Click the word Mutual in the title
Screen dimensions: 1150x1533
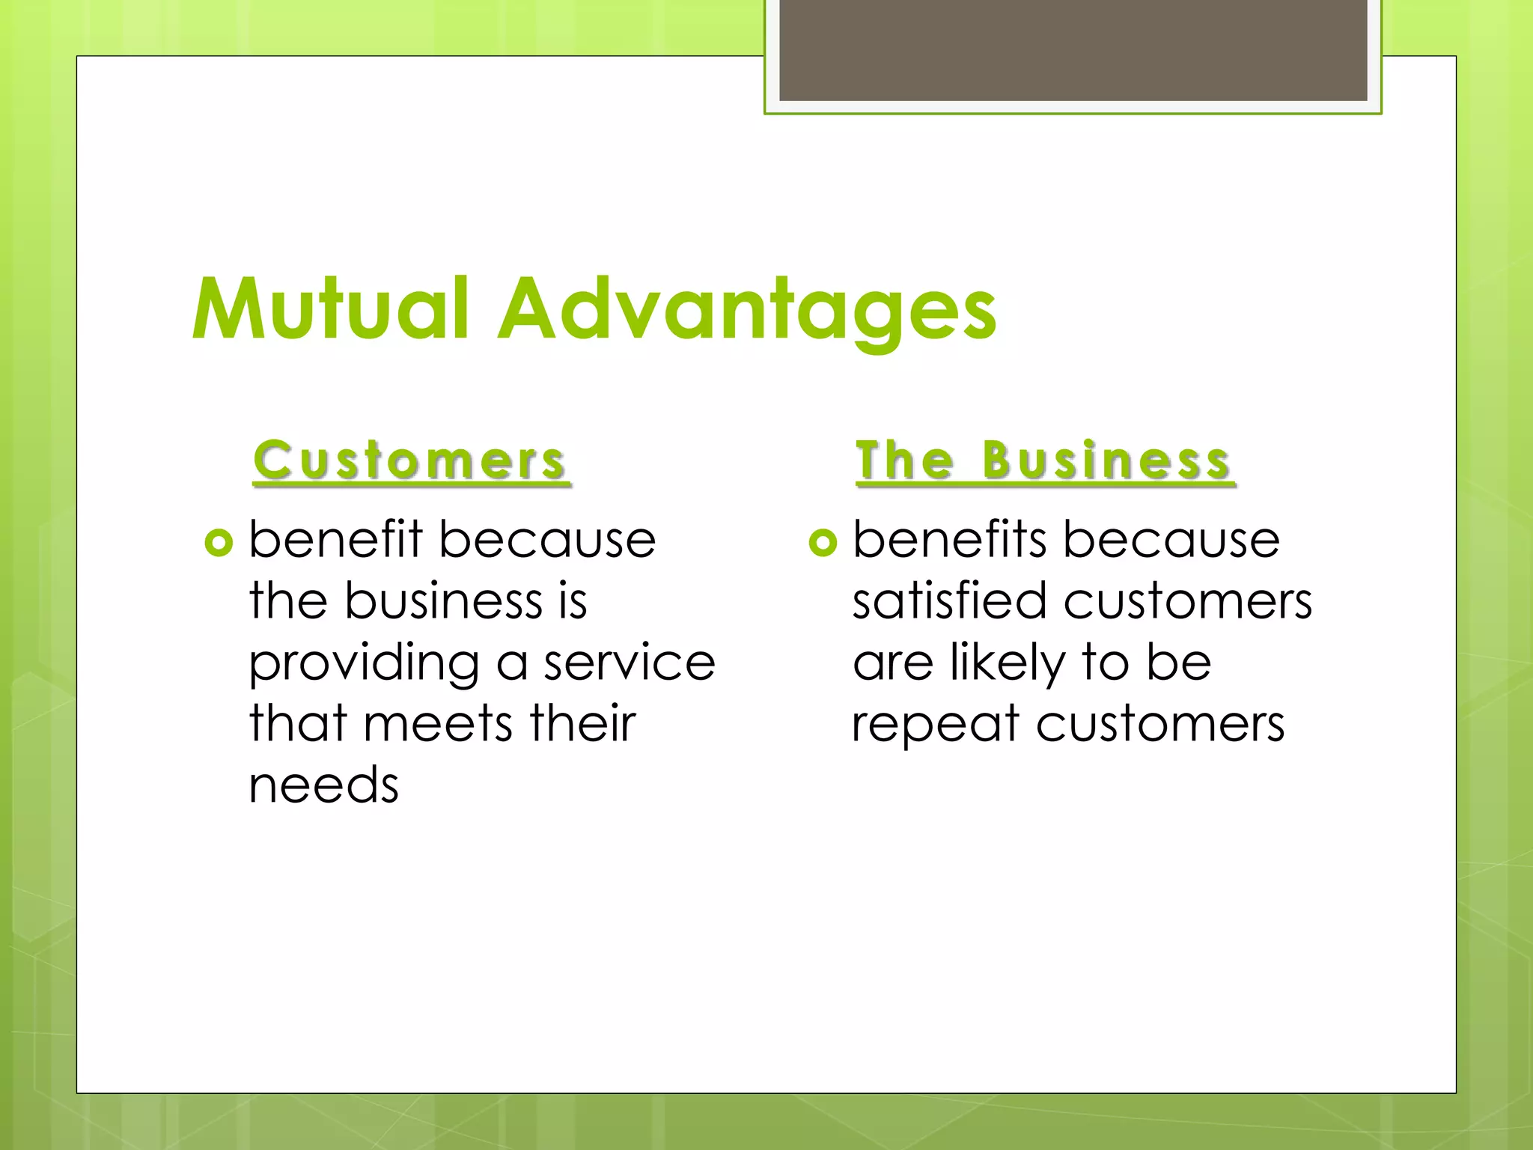coord(330,308)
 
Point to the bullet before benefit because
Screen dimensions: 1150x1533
coord(219,542)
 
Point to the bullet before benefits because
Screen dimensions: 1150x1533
coord(823,542)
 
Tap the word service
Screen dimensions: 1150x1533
coord(630,663)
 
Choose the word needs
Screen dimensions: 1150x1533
coord(324,785)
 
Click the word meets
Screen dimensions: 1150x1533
coord(438,724)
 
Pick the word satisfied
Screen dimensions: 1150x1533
coord(949,601)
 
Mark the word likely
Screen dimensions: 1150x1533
coord(1008,663)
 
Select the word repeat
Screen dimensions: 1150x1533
coord(936,725)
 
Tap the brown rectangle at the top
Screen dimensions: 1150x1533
coord(1073,49)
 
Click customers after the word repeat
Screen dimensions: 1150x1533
coord(1160,724)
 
